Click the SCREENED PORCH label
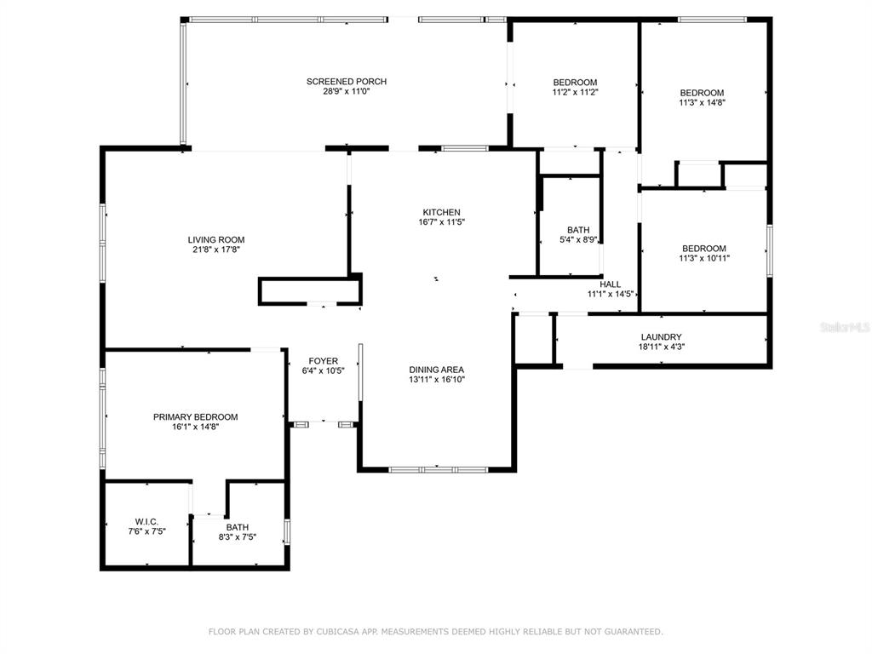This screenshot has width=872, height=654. (x=347, y=82)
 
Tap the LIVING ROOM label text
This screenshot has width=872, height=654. (x=216, y=240)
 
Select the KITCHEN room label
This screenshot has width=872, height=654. (x=442, y=212)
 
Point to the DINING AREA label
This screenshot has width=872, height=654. (x=437, y=370)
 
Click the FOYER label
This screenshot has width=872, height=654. (x=323, y=361)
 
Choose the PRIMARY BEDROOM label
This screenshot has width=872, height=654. (x=196, y=417)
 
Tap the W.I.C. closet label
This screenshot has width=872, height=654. (x=146, y=522)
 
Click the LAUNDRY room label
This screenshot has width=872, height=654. (x=661, y=337)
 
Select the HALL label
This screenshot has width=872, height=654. (x=610, y=284)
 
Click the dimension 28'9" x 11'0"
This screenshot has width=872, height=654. (x=347, y=92)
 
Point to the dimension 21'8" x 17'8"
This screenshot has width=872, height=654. (x=216, y=250)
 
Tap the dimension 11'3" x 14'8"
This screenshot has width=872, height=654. (x=703, y=103)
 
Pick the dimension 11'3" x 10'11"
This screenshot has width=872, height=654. (x=704, y=259)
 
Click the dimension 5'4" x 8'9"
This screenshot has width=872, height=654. (x=578, y=240)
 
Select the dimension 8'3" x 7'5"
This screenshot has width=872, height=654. (x=238, y=538)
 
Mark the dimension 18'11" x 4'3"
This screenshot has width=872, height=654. (x=661, y=347)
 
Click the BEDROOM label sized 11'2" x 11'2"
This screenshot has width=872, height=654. (x=575, y=83)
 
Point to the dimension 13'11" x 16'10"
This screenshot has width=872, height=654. (x=437, y=380)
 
